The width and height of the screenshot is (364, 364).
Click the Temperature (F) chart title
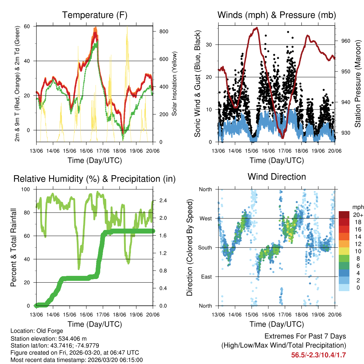click(95, 15)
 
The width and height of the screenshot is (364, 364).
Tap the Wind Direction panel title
click(277, 176)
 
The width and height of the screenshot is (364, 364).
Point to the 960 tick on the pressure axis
click(341, 41)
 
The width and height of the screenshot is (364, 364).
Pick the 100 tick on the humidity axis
click(28, 189)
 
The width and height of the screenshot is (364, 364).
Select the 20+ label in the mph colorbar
click(357, 214)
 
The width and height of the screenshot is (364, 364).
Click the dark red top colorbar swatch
click(344, 214)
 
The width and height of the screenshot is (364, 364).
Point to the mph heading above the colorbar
click(357, 207)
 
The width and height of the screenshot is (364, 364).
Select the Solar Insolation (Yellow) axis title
click(175, 84)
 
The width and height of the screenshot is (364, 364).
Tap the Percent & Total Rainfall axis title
click(13, 247)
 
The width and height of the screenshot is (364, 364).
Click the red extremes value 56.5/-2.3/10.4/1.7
click(318, 355)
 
